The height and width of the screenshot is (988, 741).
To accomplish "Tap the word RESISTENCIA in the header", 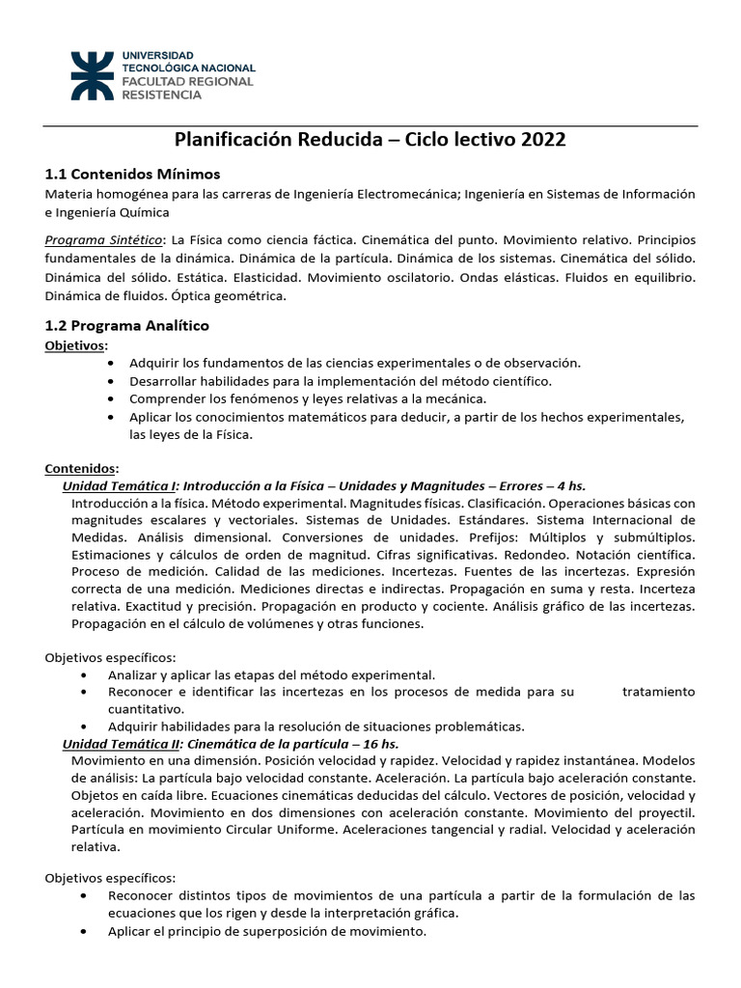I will (x=161, y=95).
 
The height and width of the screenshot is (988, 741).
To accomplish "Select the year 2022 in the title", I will (x=543, y=140).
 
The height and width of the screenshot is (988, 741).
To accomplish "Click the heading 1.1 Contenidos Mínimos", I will (x=133, y=174).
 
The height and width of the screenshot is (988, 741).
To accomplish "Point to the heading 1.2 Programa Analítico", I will (x=127, y=326).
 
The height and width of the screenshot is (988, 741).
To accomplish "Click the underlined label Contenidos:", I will (x=82, y=468).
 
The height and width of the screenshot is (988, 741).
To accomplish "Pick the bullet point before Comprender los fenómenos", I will (x=113, y=398).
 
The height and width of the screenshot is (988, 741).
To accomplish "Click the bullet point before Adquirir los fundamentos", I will (x=113, y=363).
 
